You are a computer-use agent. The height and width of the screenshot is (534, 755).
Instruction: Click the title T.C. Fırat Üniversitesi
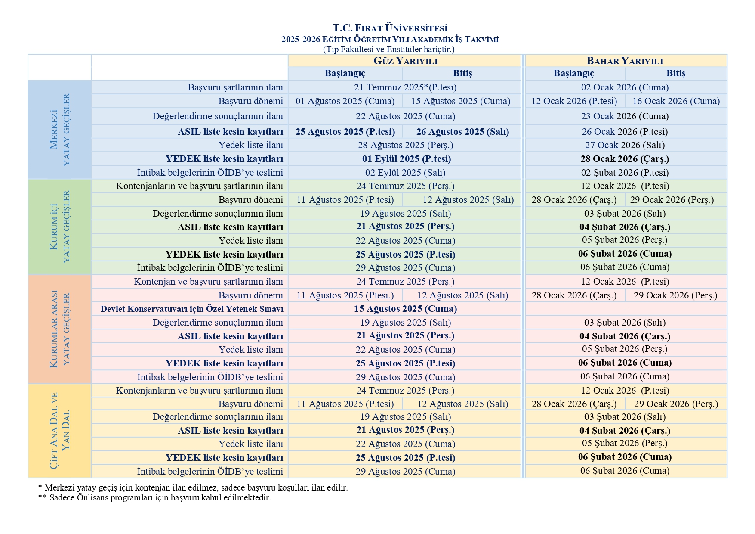pyautogui.click(x=390, y=28)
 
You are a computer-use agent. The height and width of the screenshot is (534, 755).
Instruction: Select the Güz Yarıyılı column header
pyautogui.click(x=405, y=61)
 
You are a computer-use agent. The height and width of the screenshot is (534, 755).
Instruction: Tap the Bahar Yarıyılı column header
pyautogui.click(x=625, y=61)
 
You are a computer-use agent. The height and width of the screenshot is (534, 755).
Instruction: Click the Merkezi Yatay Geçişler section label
pyautogui.click(x=60, y=130)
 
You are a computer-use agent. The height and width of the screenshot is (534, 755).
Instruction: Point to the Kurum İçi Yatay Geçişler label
pyautogui.click(x=60, y=227)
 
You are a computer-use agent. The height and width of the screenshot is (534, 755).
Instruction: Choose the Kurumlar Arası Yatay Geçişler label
pyautogui.click(x=60, y=329)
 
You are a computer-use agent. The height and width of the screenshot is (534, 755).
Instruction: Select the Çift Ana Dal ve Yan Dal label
pyautogui.click(x=60, y=431)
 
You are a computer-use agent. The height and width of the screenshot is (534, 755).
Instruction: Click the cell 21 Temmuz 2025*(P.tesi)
pyautogui.click(x=405, y=87)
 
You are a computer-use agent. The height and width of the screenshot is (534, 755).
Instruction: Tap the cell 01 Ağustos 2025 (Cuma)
pyautogui.click(x=345, y=101)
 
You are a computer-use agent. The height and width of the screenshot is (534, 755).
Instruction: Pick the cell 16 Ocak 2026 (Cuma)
pyautogui.click(x=676, y=101)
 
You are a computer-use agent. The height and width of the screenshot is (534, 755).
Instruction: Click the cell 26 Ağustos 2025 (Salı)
pyautogui.click(x=462, y=132)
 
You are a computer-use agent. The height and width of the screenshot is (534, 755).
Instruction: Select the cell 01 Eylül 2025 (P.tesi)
pyautogui.click(x=406, y=159)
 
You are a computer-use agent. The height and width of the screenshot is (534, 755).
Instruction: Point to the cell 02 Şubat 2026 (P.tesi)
pyautogui.click(x=625, y=173)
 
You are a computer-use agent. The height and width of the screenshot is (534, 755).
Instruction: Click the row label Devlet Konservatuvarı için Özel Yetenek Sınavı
pyautogui.click(x=192, y=309)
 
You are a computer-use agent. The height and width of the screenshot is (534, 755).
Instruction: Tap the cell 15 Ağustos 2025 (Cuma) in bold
pyautogui.click(x=405, y=309)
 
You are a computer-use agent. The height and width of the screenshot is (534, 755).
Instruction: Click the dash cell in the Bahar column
pyautogui.click(x=625, y=309)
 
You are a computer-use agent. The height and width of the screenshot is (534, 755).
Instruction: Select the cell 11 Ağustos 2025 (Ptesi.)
pyautogui.click(x=345, y=295)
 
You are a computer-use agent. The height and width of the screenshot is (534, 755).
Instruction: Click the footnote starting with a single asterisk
pyautogui.click(x=193, y=487)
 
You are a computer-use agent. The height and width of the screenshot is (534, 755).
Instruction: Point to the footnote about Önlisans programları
pyautogui.click(x=154, y=497)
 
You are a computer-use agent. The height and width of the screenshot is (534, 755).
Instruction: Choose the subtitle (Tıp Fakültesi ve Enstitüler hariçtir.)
pyautogui.click(x=388, y=49)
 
